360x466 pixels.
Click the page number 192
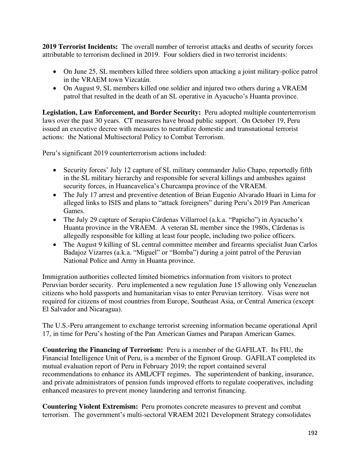point(312,433)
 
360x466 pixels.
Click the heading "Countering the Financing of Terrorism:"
point(103,350)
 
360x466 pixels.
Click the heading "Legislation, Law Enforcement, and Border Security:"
point(122,113)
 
